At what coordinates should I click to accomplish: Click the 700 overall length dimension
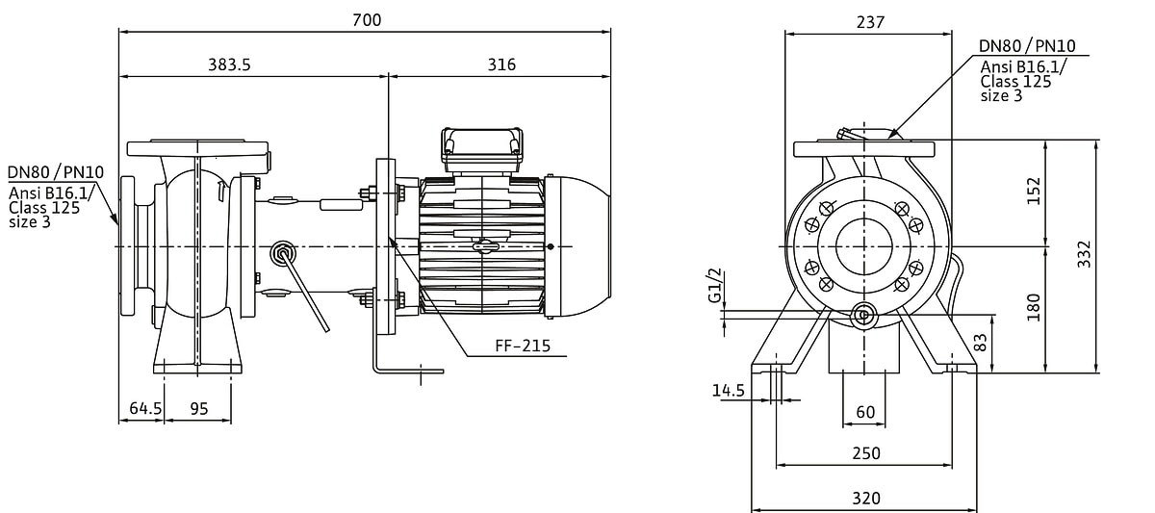click(367, 20)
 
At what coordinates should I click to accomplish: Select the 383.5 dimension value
click(229, 64)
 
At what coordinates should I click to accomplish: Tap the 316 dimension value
click(501, 64)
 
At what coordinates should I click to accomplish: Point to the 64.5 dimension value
click(145, 408)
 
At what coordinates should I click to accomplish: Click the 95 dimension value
click(199, 409)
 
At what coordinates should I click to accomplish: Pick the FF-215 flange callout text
click(523, 346)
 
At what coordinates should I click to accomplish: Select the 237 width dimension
click(870, 22)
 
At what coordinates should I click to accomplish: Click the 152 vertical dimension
click(1035, 191)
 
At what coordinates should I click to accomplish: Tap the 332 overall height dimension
click(1085, 254)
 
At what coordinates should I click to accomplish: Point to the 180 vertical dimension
click(1034, 307)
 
